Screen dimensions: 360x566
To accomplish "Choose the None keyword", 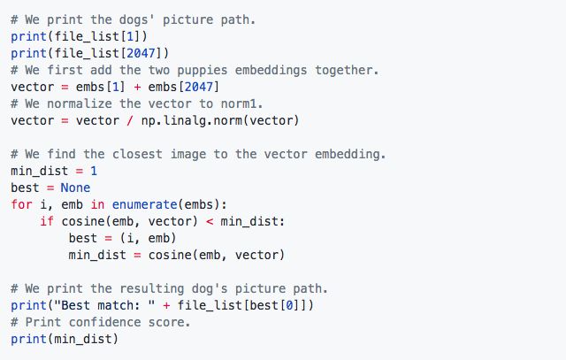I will click(x=75, y=188).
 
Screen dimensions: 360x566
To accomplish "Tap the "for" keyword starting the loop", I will click(x=21, y=204).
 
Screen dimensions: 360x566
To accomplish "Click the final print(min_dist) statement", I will click(x=64, y=339).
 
